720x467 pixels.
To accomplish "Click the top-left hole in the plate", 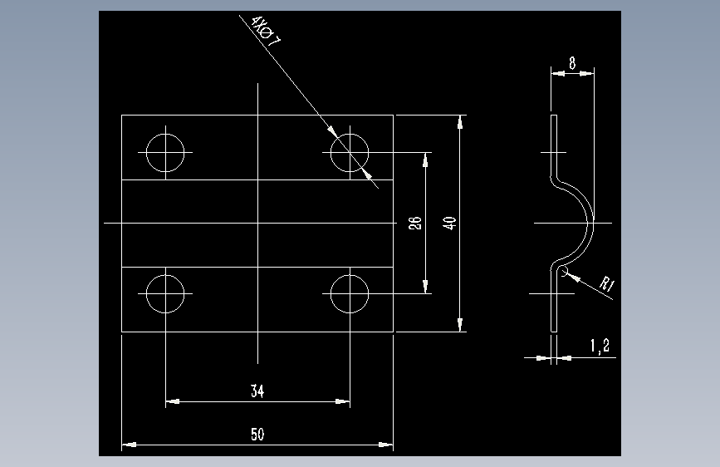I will click(165, 153).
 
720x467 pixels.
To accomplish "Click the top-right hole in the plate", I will click(350, 153).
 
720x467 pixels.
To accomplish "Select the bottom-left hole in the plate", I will click(165, 293).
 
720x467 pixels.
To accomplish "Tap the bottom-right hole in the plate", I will click(350, 293).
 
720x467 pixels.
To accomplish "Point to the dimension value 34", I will click(258, 390).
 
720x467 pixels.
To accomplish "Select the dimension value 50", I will click(257, 434).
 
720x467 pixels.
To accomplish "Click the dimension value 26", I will click(416, 223).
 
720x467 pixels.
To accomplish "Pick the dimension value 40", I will click(450, 223).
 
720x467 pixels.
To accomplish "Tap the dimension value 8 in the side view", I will click(573, 62).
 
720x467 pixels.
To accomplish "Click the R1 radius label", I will click(607, 286).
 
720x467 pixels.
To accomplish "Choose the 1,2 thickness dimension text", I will click(600, 346).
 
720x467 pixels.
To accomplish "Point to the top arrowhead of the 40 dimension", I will click(461, 120).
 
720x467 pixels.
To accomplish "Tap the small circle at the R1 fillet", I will click(564, 272).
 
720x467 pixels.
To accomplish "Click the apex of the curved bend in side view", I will click(593, 223).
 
